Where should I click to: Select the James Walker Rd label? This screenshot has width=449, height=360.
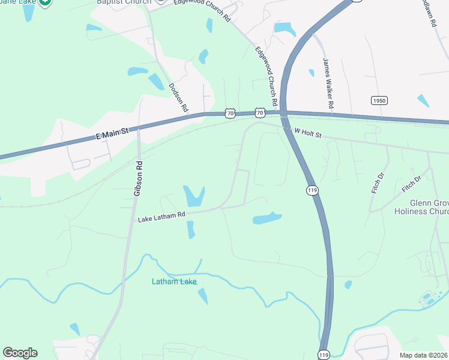coord(328,83)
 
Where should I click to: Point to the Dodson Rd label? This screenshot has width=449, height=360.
coord(179,98)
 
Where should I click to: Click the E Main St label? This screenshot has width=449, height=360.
coord(113,134)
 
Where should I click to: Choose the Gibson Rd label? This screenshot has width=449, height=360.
coord(139,178)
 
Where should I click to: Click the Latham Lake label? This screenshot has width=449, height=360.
coord(174,281)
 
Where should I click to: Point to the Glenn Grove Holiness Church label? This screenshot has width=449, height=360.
coord(421,207)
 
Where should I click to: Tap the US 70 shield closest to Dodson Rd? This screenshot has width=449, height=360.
coord(231,112)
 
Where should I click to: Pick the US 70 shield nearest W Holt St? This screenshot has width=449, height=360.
coord(259,112)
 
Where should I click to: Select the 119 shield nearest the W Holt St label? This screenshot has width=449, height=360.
coord(312,190)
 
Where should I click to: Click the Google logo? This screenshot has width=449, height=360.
coord(20,353)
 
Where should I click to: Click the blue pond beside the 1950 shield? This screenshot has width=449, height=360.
coord(423,100)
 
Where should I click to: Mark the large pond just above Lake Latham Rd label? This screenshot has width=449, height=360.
coord(193,195)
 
